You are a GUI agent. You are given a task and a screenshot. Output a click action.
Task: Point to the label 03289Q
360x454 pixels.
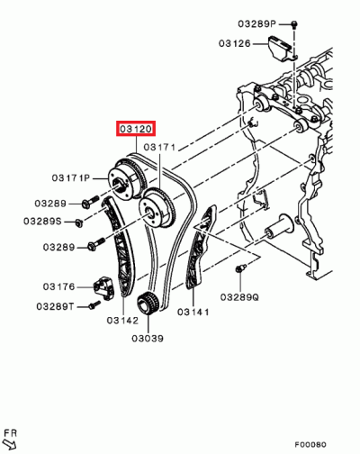coord(238,296)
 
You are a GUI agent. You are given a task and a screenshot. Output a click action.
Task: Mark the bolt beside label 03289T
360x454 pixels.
coord(93,306)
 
